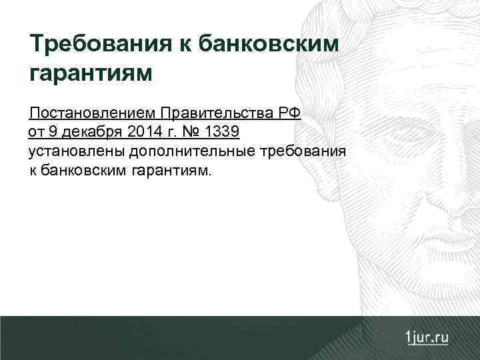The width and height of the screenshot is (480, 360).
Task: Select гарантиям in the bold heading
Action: tap(92, 73)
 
